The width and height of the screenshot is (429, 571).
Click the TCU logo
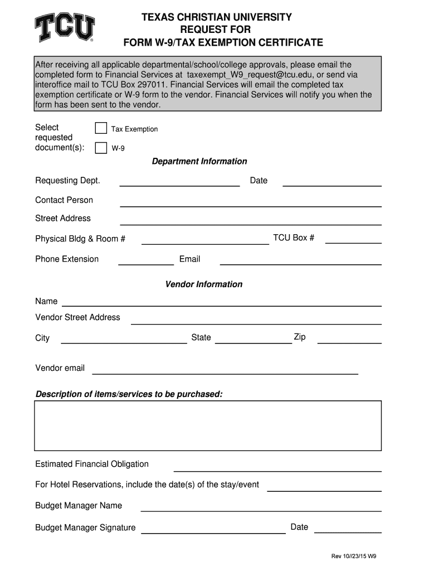point(65,28)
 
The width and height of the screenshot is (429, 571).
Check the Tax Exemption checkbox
point(101,129)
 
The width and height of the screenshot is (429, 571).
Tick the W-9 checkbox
point(101,148)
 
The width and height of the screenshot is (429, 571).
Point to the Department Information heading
point(199,162)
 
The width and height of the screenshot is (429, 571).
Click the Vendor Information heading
point(204,284)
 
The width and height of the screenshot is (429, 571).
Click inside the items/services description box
point(208,425)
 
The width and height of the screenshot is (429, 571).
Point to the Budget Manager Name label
point(79,506)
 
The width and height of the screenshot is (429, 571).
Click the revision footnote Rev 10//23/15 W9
point(354,557)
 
